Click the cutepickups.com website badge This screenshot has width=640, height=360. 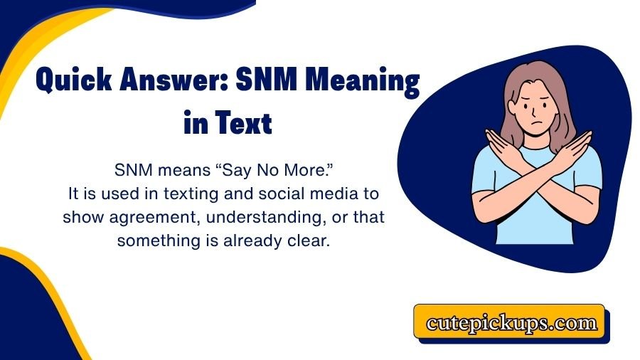(x=511, y=323)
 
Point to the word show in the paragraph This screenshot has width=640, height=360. (x=80, y=217)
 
